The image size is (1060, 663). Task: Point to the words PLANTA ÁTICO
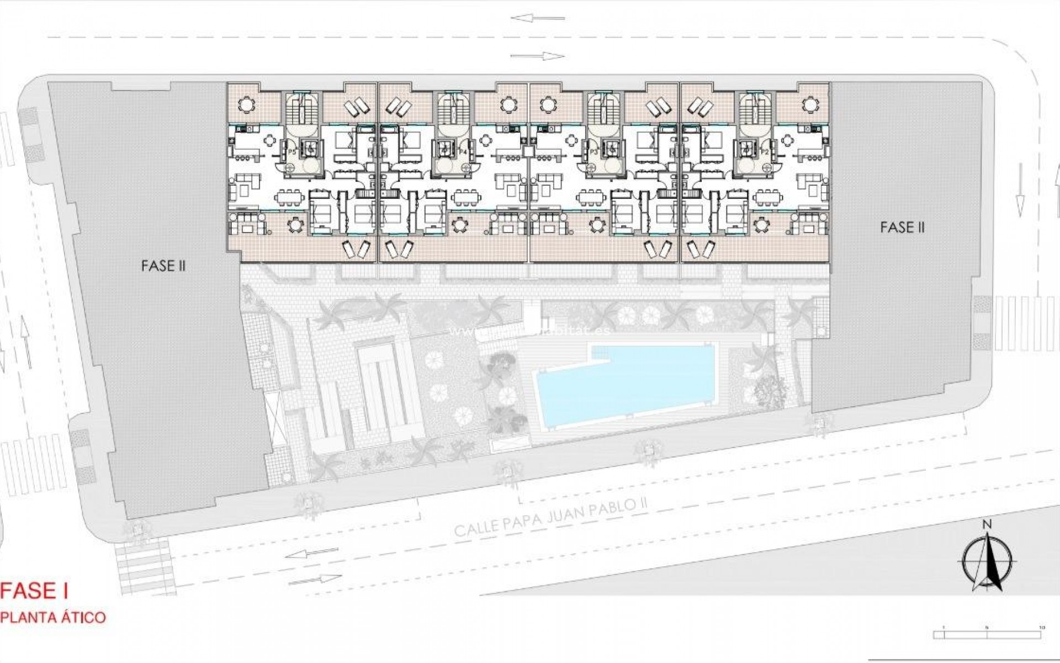click(53, 617)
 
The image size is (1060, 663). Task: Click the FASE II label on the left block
click(163, 266)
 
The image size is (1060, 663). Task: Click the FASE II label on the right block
click(902, 227)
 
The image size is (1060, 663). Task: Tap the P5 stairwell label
click(293, 151)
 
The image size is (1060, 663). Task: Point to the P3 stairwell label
click(594, 151)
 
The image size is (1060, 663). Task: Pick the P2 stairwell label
click(765, 151)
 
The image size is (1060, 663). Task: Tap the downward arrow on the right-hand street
click(1019, 204)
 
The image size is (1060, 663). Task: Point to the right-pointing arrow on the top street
click(537, 56)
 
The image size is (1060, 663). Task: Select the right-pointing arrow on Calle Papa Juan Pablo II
click(315, 579)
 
